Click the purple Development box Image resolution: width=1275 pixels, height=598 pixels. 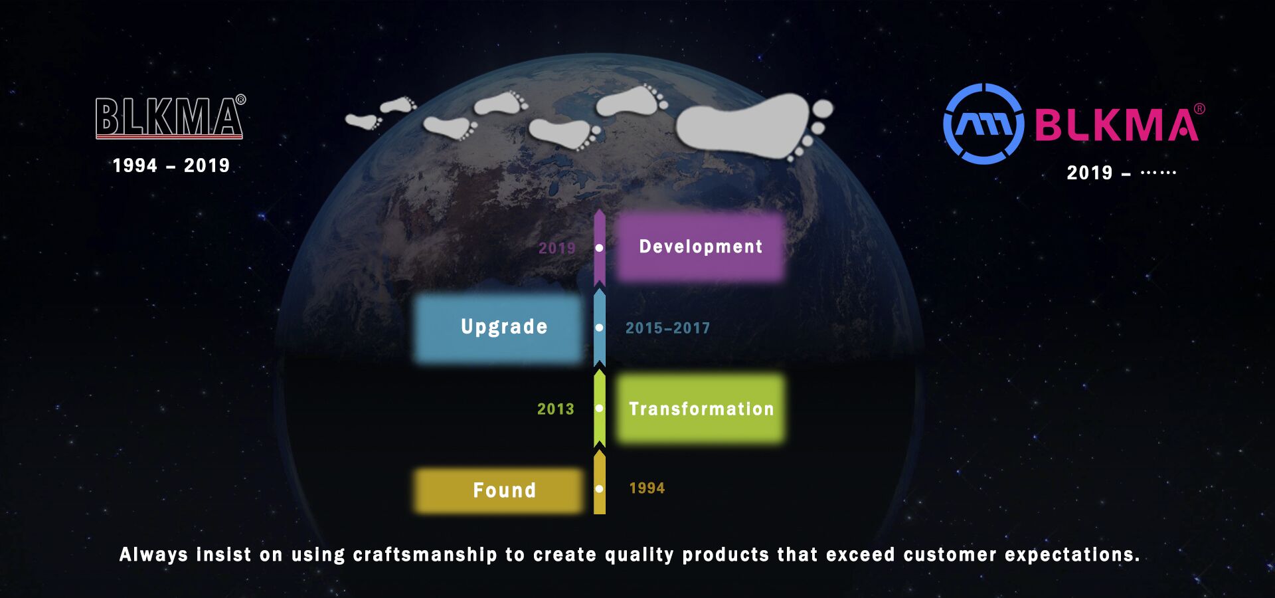click(x=701, y=247)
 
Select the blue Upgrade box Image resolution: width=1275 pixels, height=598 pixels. click(x=498, y=328)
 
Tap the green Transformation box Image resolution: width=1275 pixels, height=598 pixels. click(x=701, y=409)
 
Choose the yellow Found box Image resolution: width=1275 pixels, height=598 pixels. click(x=498, y=490)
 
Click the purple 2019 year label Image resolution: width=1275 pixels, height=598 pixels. click(x=556, y=249)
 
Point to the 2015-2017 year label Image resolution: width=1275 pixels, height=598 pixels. click(x=667, y=328)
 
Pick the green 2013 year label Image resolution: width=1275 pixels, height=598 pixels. click(x=555, y=409)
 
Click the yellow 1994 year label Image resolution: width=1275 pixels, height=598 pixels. click(x=647, y=488)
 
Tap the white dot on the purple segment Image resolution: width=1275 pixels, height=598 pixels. click(x=600, y=248)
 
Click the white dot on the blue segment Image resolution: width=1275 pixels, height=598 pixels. click(x=600, y=328)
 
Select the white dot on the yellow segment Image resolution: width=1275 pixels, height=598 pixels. click(x=600, y=488)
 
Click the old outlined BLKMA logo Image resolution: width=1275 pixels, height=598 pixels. click(x=170, y=117)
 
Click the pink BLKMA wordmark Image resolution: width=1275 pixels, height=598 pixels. click(x=1116, y=125)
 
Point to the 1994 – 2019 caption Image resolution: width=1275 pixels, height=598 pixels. click(x=171, y=165)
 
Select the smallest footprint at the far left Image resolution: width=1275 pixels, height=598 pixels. click(x=363, y=121)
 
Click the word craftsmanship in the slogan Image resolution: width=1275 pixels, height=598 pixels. click(x=425, y=555)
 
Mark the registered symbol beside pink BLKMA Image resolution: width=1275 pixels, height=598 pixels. click(x=1199, y=109)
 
